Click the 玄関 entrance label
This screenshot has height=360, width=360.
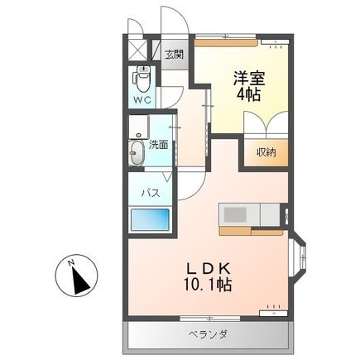173,55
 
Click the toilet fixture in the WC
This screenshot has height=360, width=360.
142,79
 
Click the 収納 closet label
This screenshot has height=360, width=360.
265,151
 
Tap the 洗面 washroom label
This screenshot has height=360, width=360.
159,145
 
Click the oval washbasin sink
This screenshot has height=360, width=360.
137,152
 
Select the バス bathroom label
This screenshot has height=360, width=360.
149,193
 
